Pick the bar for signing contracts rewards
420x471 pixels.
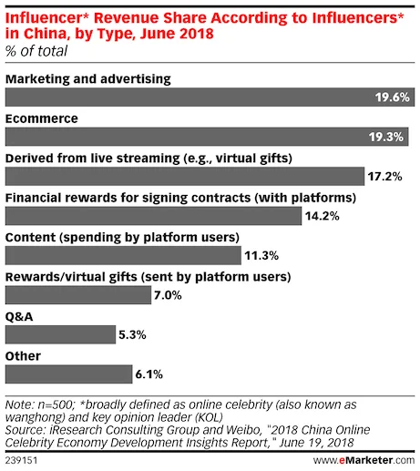153,216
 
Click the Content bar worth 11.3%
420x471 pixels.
123,255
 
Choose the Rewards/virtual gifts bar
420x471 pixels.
78,295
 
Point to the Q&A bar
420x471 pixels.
60,334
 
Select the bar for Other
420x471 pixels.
69,374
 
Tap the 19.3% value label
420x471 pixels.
389,138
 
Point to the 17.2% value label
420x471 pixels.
384,177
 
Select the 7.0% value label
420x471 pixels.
168,295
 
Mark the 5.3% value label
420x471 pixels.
132,335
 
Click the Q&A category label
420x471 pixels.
18,315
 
